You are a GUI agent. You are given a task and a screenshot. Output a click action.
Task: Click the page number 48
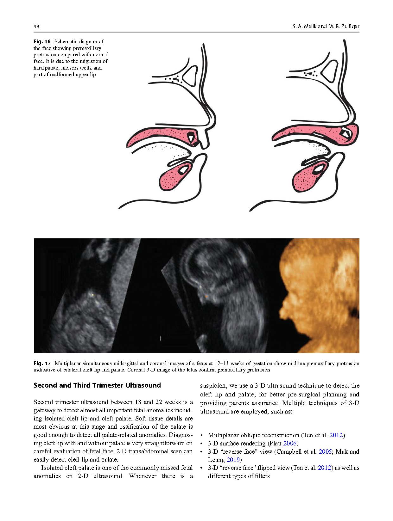tap(36, 27)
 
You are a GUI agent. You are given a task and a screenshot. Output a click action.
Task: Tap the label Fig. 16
tap(42, 41)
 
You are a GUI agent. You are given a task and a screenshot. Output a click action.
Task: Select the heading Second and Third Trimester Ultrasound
tap(97, 385)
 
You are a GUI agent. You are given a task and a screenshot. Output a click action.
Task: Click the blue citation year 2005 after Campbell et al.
tap(325, 451)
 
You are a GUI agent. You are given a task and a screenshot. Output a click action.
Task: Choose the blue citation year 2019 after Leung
tap(233, 460)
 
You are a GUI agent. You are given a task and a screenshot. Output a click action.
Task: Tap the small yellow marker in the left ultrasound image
tap(92, 295)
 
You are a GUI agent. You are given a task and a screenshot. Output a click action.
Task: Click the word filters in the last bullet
tap(262, 476)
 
